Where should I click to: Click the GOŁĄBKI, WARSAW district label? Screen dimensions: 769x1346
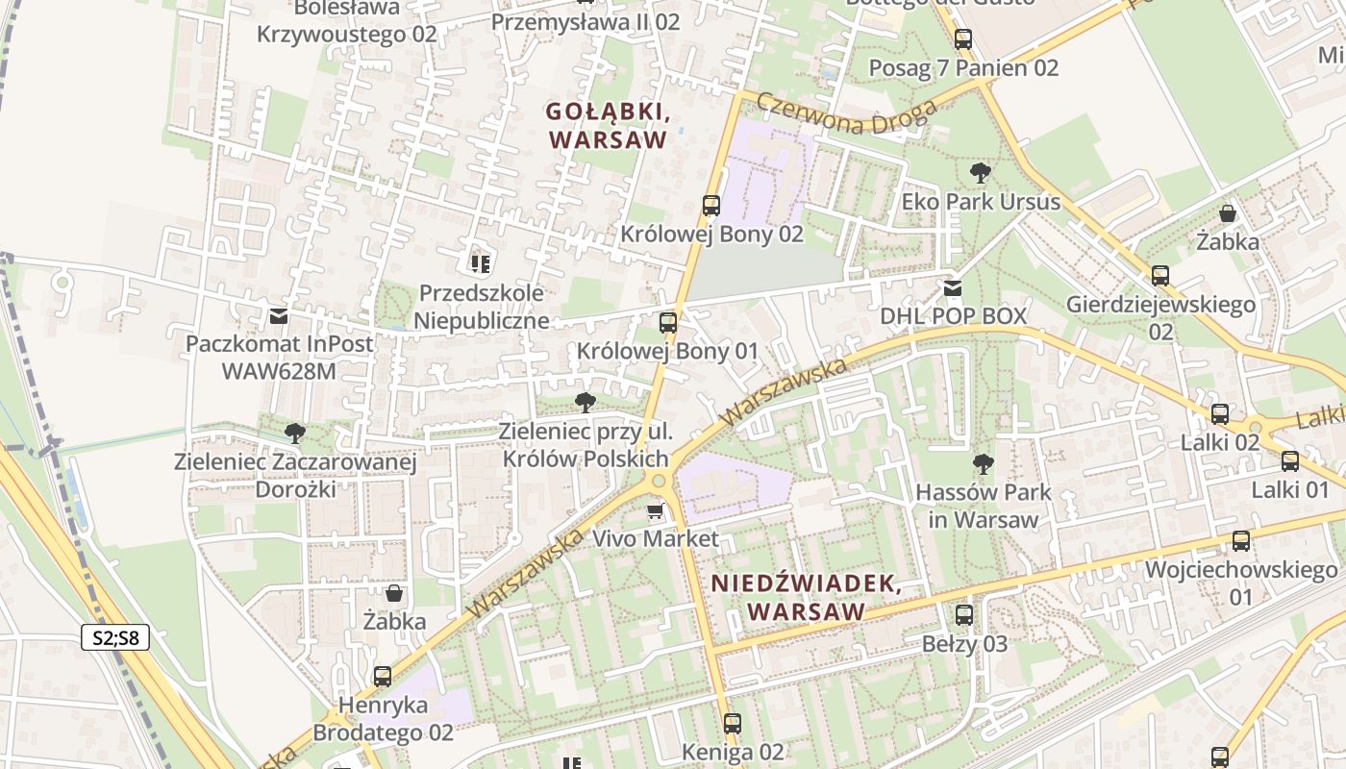[608, 126]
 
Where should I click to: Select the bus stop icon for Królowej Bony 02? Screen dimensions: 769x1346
[710, 205]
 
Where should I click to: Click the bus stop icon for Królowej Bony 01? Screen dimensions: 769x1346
[668, 323]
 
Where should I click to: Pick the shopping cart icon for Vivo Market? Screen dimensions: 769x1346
[656, 510]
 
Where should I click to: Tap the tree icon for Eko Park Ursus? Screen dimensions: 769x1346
[981, 173]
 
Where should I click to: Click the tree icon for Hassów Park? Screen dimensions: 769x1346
[983, 464]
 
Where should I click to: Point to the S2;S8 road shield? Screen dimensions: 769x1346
[115, 637]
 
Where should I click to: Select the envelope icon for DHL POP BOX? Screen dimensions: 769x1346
[953, 287]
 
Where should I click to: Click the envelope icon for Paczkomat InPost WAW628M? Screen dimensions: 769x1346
[279, 315]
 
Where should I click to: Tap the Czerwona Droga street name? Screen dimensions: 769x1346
[846, 113]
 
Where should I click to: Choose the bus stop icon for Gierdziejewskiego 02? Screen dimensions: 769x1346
[1160, 276]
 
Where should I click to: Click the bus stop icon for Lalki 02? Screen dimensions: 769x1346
[1220, 414]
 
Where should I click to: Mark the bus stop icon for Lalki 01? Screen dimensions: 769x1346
[1290, 461]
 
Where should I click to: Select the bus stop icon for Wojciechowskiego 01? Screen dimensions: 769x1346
[1241, 541]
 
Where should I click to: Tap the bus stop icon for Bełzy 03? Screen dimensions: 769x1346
[964, 615]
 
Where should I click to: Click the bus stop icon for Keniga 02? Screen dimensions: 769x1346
[733, 723]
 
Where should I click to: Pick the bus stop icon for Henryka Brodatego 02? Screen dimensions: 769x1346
[383, 677]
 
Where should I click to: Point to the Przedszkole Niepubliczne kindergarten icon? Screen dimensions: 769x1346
[480, 263]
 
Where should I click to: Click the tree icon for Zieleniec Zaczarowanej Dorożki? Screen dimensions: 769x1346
[295, 434]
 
